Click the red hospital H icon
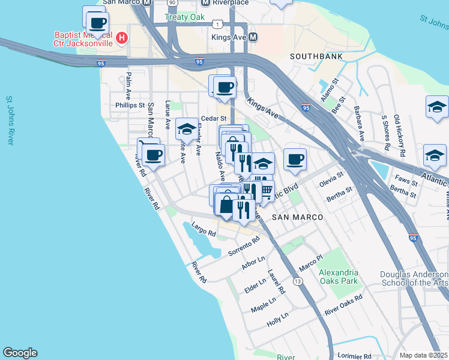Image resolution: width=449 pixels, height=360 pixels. (x=122, y=38)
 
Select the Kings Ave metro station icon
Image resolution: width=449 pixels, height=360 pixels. (x=253, y=37)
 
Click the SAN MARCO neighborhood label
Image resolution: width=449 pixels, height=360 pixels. (x=298, y=217)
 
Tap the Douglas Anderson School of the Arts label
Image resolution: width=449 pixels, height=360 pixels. (x=414, y=279)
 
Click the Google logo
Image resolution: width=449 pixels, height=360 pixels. (x=20, y=353)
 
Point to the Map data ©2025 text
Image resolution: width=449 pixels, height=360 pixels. (x=424, y=355)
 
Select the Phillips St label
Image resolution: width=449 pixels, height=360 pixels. (x=130, y=105)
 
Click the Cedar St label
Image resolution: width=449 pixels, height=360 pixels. (x=213, y=119)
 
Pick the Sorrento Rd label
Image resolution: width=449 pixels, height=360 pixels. (x=244, y=247)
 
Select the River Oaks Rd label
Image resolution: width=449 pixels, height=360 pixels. (x=343, y=305)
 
